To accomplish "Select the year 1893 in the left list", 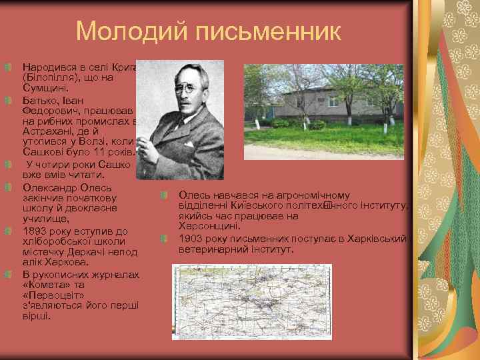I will pyautogui.click(x=35, y=231).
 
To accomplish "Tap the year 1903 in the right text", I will pyautogui.click(x=191, y=238).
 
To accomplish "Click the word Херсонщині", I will pyautogui.click(x=209, y=227).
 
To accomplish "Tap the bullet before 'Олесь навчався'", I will pyautogui.click(x=164, y=195).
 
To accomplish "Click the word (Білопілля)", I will pyautogui.click(x=51, y=77).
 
